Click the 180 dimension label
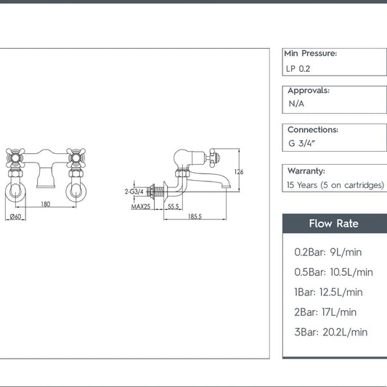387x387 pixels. (46, 204)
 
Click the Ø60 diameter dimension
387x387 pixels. (15, 216)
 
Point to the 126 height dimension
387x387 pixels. (239, 172)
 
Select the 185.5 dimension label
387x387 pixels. (195, 216)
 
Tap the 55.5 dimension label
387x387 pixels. (174, 206)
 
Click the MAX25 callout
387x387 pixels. (141, 207)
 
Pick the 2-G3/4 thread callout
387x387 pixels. (134, 192)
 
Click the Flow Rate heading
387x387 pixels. (334, 224)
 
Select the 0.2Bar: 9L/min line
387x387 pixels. (328, 252)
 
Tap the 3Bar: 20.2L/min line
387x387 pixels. (330, 333)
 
